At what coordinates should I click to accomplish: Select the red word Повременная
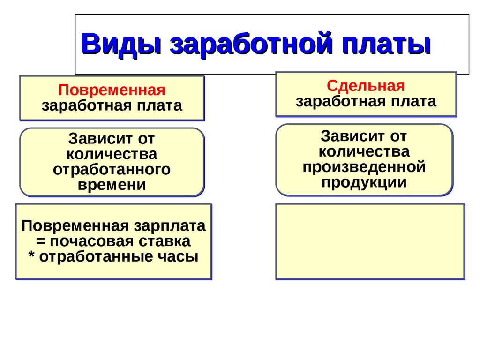pos(112,90)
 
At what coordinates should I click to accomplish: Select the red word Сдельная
pos(366,86)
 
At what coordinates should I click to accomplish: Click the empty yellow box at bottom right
pos(370,241)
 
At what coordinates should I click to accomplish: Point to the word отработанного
pos(112,169)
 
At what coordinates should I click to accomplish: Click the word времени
pos(112,185)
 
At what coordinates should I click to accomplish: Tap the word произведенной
pos(364,166)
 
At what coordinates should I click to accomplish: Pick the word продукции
pos(364,182)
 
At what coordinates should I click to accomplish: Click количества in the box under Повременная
pos(112,154)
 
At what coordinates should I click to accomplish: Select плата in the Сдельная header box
pos(415,101)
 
